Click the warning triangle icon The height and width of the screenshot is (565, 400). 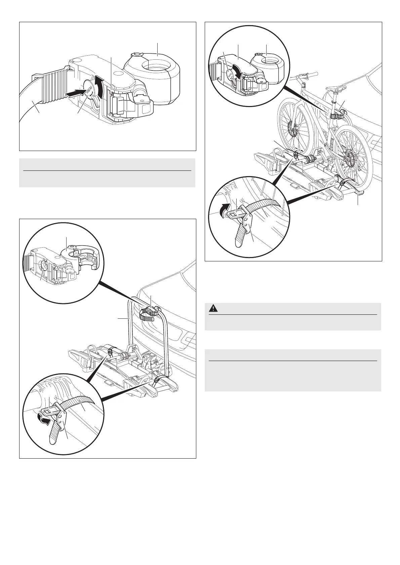[212, 308]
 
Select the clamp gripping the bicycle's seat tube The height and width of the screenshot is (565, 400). [336, 116]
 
